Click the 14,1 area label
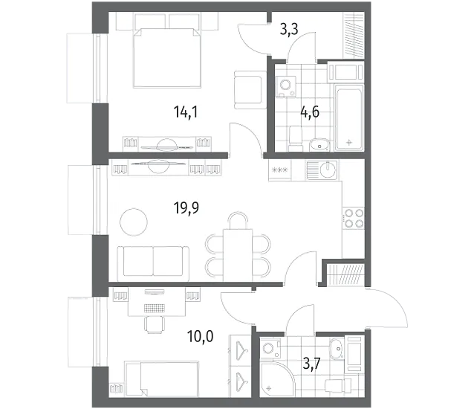click(186, 112)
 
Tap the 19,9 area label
click(186, 208)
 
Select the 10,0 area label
click(200, 336)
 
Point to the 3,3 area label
click(289, 29)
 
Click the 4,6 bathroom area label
click(310, 112)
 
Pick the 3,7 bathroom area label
click(312, 364)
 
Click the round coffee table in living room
click(134, 222)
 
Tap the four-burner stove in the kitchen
click(354, 218)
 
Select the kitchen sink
click(322, 170)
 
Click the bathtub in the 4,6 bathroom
click(349, 117)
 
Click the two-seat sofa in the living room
click(153, 261)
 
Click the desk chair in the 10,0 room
click(155, 324)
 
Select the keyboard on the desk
click(155, 308)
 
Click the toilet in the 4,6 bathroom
click(296, 139)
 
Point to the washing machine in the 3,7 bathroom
click(270, 349)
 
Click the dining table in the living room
click(238, 255)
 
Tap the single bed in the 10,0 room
click(162, 378)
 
